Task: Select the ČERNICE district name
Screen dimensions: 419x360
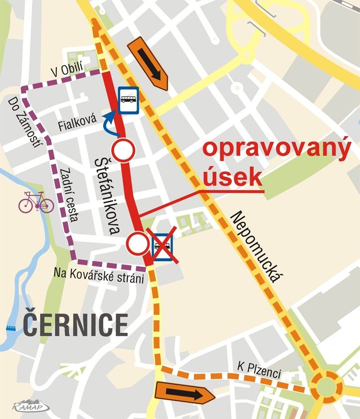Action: pos(75,325)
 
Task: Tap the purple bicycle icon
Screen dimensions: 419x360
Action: pos(36,203)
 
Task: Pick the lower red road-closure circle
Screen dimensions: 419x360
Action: pos(137,243)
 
